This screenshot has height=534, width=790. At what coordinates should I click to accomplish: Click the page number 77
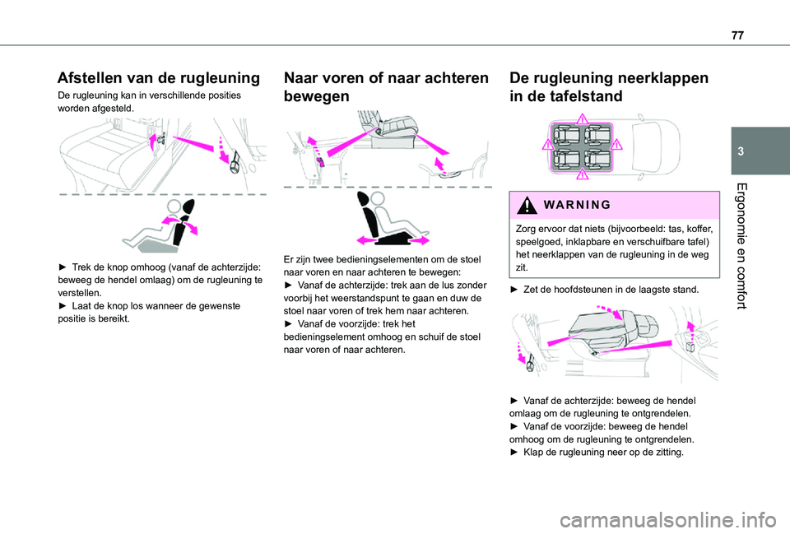(x=737, y=35)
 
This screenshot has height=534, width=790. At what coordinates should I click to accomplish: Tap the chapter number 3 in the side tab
(x=741, y=151)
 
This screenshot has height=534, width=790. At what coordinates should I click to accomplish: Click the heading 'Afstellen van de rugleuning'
(x=159, y=77)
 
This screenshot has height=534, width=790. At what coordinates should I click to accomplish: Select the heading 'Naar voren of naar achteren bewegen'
(x=386, y=86)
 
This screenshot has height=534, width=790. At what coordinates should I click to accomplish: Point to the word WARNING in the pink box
(x=578, y=205)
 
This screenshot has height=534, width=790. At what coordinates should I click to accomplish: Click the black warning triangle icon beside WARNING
(x=527, y=205)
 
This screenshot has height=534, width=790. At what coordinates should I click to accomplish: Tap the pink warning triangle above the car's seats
(x=582, y=118)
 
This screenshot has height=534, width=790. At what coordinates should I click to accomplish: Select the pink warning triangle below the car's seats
(x=582, y=174)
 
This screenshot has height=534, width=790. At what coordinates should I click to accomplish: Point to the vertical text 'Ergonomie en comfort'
(x=741, y=246)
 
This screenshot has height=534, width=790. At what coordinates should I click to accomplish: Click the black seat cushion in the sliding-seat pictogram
(x=394, y=239)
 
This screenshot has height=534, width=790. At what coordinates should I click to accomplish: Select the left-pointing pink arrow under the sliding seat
(x=367, y=241)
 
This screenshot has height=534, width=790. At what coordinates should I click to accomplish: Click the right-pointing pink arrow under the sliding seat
(x=419, y=241)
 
